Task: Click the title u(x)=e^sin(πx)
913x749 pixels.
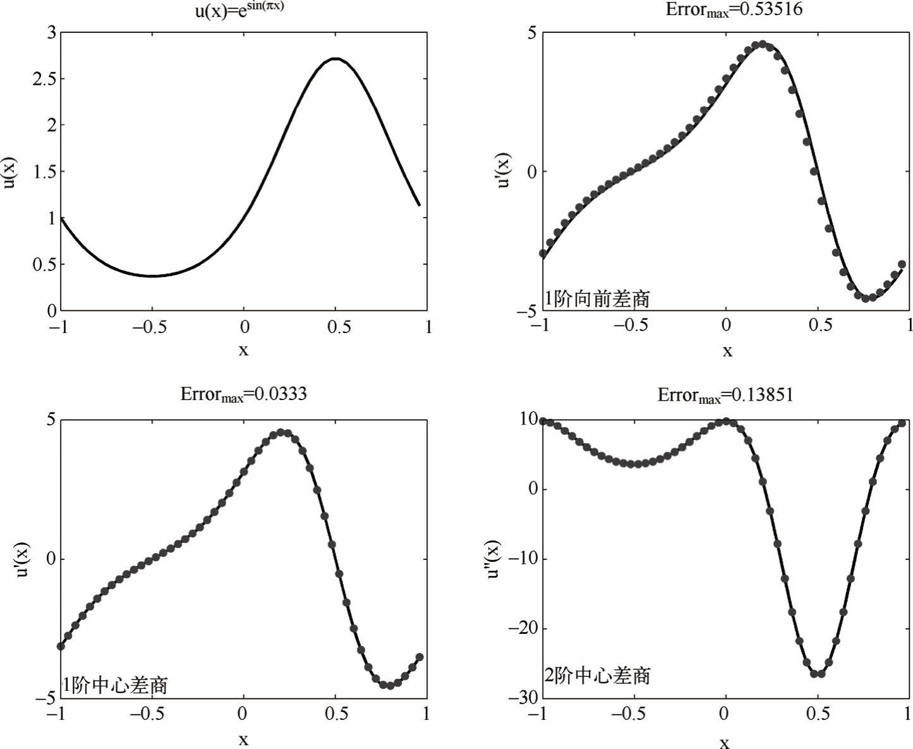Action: click(239, 9)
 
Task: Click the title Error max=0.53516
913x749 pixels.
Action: click(734, 9)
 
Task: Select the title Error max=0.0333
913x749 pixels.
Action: click(243, 394)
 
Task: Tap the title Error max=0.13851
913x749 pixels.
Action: click(725, 395)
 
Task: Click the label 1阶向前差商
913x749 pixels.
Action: click(597, 298)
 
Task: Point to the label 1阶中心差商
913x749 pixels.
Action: click(114, 685)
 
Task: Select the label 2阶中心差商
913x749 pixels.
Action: click(597, 676)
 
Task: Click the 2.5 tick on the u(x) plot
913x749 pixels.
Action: click(44, 79)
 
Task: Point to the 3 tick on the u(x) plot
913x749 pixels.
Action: click(51, 32)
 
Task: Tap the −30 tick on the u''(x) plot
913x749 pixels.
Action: click(524, 698)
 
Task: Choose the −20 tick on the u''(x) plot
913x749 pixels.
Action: click(524, 628)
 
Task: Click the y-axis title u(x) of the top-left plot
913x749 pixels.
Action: click(9, 172)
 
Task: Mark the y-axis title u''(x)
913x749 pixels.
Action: click(492, 559)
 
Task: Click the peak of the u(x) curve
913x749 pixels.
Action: click(336, 59)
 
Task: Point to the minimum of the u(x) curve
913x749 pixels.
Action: click(152, 276)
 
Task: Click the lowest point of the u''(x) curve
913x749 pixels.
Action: click(818, 674)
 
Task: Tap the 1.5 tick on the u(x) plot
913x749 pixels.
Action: click(44, 171)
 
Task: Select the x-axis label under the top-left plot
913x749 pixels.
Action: click(244, 350)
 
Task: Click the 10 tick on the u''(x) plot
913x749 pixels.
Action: click(528, 418)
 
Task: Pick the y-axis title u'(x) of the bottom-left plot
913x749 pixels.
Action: click(22, 559)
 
